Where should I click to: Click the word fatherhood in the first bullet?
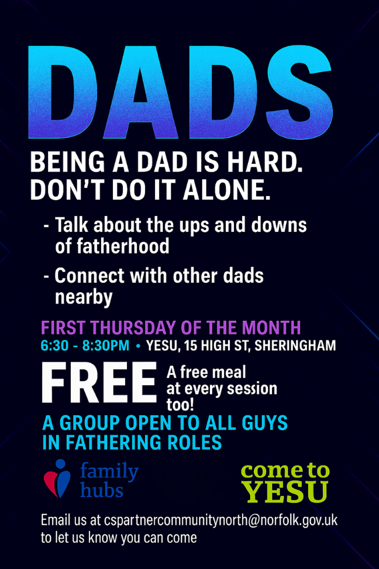tap(112, 246)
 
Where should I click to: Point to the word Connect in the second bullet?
tap(89, 276)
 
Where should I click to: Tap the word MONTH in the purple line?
tap(271, 328)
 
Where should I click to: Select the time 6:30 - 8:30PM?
tap(85, 346)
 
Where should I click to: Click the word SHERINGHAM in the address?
tap(295, 346)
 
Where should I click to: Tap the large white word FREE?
tap(99, 382)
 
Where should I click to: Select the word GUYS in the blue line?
tap(265, 423)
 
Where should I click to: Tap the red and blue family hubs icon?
tap(57, 479)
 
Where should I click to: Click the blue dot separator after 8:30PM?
tap(138, 346)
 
